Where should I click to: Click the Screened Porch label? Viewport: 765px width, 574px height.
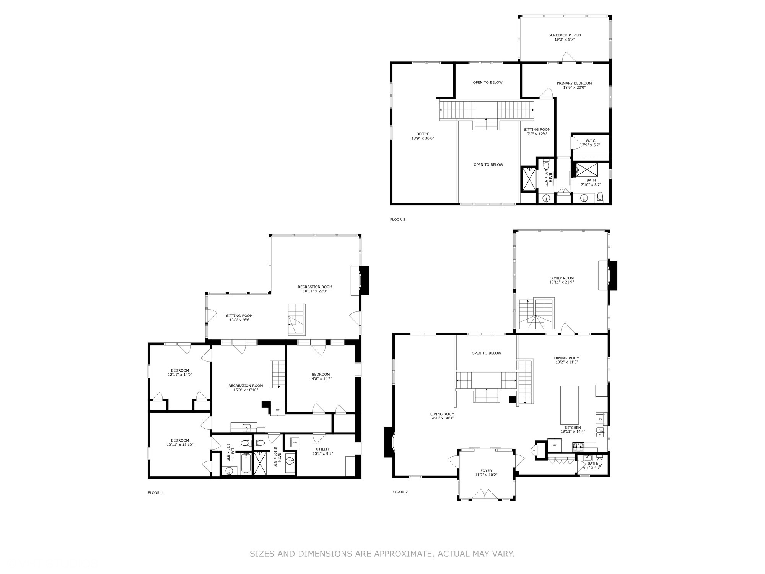click(x=565, y=37)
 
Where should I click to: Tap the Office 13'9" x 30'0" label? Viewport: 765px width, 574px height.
click(x=423, y=136)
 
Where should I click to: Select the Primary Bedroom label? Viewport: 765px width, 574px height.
click(x=574, y=85)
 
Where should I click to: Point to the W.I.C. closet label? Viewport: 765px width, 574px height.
click(x=591, y=143)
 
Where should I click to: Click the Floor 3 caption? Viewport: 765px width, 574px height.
click(x=397, y=219)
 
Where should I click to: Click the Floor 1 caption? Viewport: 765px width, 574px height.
click(x=155, y=493)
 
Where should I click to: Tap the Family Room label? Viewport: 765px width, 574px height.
click(x=562, y=280)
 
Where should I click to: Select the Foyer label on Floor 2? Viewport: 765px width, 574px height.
click(x=486, y=473)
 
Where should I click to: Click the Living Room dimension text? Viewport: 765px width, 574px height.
click(x=442, y=418)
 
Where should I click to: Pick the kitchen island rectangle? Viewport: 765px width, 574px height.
click(x=569, y=404)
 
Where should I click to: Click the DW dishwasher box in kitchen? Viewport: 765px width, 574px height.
click(x=600, y=419)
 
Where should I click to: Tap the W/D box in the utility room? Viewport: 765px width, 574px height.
click(x=295, y=443)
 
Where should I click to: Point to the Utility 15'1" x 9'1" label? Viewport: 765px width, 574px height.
click(x=323, y=452)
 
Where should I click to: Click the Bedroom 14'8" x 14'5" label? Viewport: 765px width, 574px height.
click(x=321, y=377)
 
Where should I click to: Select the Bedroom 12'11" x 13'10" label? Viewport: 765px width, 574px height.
click(x=180, y=442)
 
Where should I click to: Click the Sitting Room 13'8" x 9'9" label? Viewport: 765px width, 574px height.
click(x=239, y=318)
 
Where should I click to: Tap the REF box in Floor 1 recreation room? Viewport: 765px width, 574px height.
click(x=278, y=410)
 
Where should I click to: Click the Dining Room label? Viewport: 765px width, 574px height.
click(x=566, y=360)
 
